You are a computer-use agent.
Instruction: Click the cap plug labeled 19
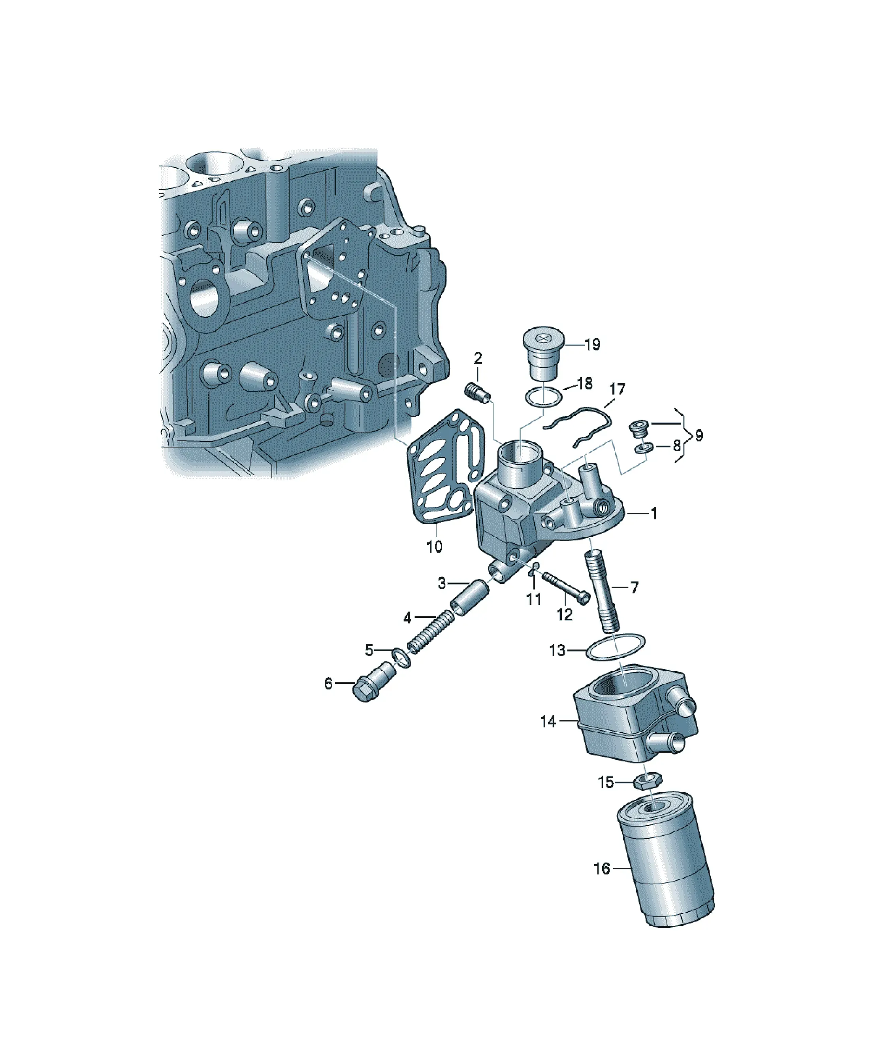point(543,353)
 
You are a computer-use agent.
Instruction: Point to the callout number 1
point(653,513)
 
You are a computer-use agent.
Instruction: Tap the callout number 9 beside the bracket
point(699,436)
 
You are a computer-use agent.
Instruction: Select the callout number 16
point(602,869)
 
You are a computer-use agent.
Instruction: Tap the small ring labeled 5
point(401,658)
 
